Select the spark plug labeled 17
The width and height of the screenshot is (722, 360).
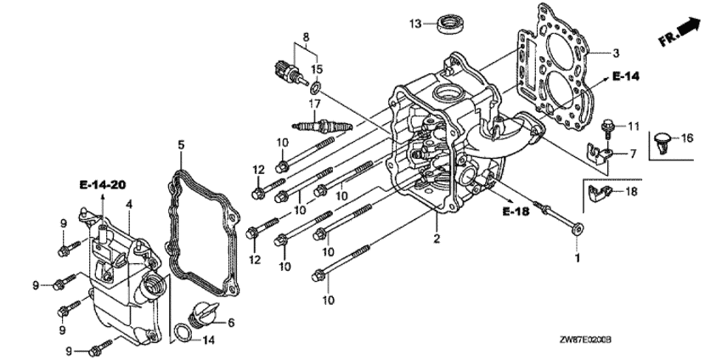322,126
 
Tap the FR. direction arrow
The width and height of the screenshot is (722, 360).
680,32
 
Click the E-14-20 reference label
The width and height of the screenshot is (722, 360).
103,185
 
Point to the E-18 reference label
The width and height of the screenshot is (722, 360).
516,211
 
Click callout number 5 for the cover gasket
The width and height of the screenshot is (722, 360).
181,145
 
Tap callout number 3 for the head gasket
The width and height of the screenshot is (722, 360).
616,53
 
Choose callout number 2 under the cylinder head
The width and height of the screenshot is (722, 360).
437,239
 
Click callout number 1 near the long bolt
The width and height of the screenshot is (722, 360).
578,258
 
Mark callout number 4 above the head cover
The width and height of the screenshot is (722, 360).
129,204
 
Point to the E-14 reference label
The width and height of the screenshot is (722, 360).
626,76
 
